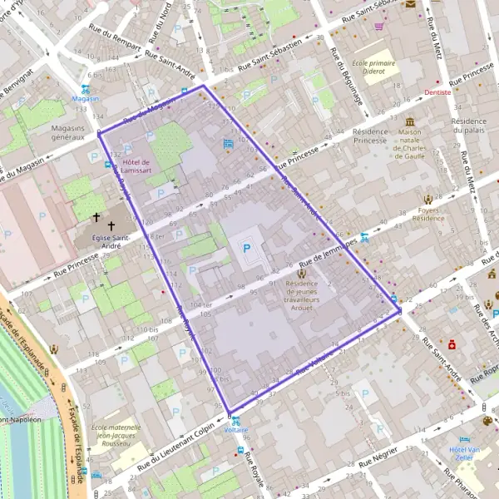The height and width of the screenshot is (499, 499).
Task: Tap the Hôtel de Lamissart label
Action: click(x=134, y=166)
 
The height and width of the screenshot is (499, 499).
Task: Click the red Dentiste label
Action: click(x=437, y=92)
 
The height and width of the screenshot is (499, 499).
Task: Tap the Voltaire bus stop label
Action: click(x=236, y=430)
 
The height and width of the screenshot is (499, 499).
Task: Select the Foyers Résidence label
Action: click(x=429, y=214)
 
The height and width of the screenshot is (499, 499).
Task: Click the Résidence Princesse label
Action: click(x=370, y=136)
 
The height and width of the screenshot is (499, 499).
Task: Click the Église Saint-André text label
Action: click(x=109, y=240)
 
